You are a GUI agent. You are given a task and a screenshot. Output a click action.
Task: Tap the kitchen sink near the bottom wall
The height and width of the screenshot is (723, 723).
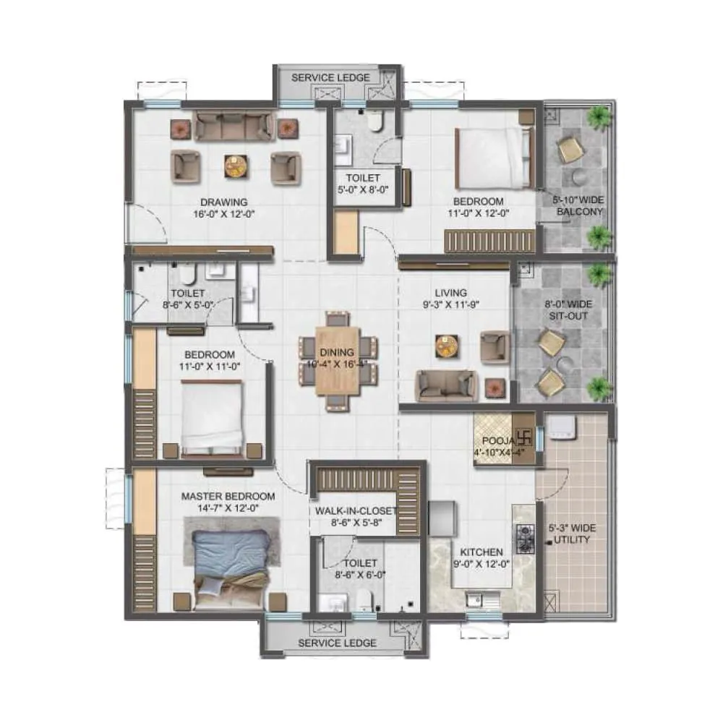pos(478,599)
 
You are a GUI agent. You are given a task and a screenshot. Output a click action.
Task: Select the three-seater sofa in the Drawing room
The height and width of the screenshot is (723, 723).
pos(234,127)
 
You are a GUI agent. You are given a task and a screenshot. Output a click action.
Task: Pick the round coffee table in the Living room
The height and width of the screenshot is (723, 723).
pos(447,346)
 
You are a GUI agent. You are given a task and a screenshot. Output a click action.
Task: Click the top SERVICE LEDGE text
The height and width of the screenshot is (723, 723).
pos(330,77)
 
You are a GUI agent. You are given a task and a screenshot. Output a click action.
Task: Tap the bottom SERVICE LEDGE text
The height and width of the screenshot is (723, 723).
pos(337,643)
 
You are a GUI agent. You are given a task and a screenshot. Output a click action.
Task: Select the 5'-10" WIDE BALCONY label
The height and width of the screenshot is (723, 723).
pos(579,206)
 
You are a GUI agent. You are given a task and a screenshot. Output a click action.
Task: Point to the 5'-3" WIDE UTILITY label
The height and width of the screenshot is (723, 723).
pos(572,534)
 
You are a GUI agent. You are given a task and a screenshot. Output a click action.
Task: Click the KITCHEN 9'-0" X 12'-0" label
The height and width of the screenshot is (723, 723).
pos(478,557)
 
